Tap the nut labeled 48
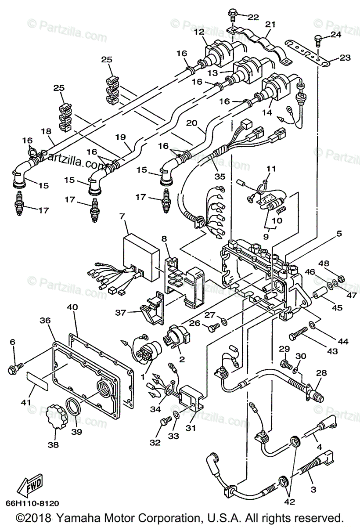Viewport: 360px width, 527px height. [342, 278]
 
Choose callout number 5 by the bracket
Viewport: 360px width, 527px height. [338, 234]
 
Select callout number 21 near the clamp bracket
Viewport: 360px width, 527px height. [270, 24]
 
